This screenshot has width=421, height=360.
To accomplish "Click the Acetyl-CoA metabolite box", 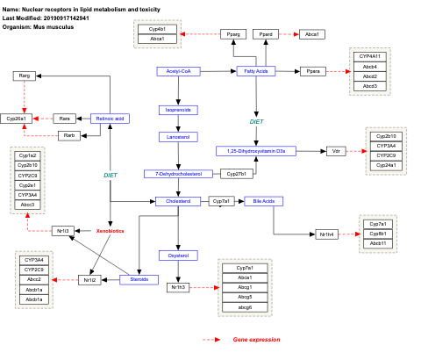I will (x=179, y=71).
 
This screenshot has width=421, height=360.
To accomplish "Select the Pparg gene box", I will (x=232, y=33).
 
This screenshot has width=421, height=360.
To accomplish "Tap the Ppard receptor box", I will (x=267, y=33).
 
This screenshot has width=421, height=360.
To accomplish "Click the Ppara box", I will (x=311, y=71).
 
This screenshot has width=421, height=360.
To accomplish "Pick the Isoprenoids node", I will (x=179, y=110).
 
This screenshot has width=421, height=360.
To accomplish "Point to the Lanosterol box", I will (x=179, y=137).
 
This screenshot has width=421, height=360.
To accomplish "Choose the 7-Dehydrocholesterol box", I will (x=179, y=174).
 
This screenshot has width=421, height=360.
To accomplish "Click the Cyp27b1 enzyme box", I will (x=235, y=174).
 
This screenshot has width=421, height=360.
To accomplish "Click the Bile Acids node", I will (x=264, y=201).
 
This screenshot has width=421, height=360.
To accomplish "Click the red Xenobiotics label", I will (x=110, y=231).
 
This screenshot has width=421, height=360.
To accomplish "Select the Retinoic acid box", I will (x=111, y=118).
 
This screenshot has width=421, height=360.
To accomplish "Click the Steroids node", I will (x=139, y=279).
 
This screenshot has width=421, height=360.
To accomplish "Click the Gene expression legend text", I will (x=256, y=339).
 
